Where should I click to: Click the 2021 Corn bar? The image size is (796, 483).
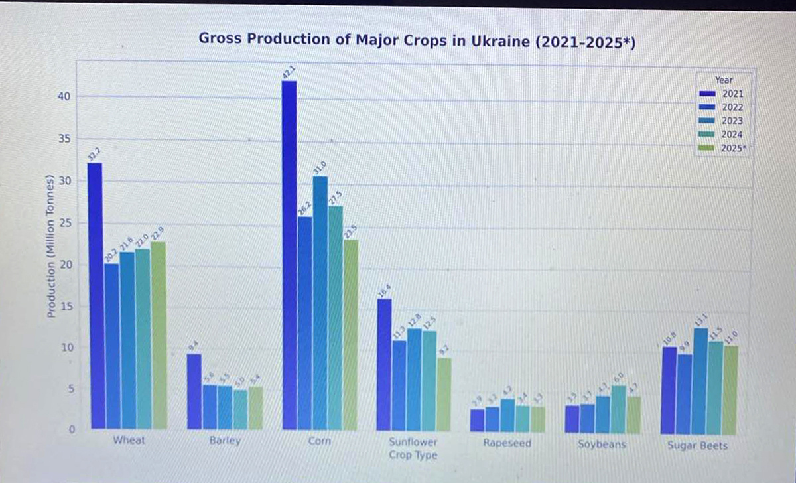pyautogui.click(x=289, y=255)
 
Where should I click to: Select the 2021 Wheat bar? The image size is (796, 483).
pyautogui.click(x=96, y=295)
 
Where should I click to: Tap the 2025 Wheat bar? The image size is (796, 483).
pyautogui.click(x=158, y=335)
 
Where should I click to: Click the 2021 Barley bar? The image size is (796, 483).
pyautogui.click(x=194, y=391)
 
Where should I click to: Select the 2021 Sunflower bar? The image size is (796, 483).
pyautogui.click(x=384, y=365)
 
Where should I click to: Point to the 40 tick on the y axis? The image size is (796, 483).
pyautogui.click(x=64, y=97)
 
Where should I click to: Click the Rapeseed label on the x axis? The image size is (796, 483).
pyautogui.click(x=507, y=443)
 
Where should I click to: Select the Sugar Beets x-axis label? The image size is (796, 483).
pyautogui.click(x=697, y=446)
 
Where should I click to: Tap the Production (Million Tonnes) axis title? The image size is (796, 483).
pyautogui.click(x=50, y=245)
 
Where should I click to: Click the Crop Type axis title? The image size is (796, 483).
pyautogui.click(x=413, y=456)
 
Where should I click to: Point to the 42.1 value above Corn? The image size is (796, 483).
pyautogui.click(x=289, y=72)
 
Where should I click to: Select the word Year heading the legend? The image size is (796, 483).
pyautogui.click(x=724, y=80)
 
